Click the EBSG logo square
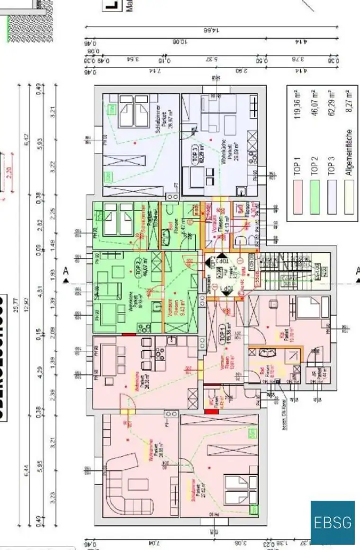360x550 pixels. click(333, 523)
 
